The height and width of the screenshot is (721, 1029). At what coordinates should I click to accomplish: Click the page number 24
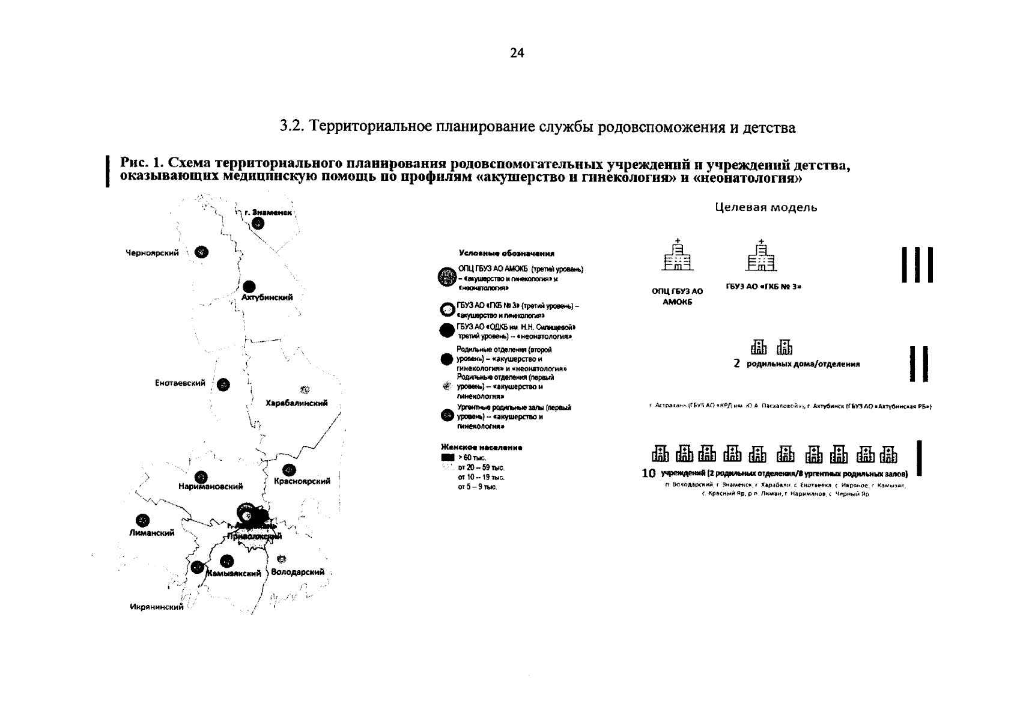[x=517, y=53]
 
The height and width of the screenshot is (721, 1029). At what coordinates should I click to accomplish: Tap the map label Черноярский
[x=152, y=253]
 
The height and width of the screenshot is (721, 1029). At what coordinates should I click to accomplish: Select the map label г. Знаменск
[x=268, y=213]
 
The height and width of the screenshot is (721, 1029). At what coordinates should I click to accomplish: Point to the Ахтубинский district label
[x=267, y=297]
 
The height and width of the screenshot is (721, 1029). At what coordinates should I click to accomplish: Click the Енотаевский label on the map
[x=180, y=383]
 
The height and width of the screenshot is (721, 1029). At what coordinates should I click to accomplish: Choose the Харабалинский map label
[x=297, y=403]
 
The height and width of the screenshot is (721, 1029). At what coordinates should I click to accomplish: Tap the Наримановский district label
[x=210, y=487]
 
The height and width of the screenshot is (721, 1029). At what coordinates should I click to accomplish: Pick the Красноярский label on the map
[x=302, y=481]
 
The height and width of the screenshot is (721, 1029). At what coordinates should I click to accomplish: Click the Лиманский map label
[x=151, y=532]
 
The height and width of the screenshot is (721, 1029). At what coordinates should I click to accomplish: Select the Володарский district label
[x=298, y=572]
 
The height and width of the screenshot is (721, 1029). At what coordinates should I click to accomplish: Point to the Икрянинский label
[x=157, y=607]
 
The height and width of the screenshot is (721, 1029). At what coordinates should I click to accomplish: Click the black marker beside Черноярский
[x=202, y=252]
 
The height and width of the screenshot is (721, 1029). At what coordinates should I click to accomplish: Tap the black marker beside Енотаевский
[x=223, y=385]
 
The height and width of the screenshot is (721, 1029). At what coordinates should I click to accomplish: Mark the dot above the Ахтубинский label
[x=249, y=287]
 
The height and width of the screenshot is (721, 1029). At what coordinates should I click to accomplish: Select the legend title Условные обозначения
[x=506, y=254]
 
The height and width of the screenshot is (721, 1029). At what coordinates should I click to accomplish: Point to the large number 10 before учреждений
[x=649, y=473]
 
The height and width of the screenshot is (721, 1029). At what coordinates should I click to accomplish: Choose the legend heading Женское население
[x=481, y=448]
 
